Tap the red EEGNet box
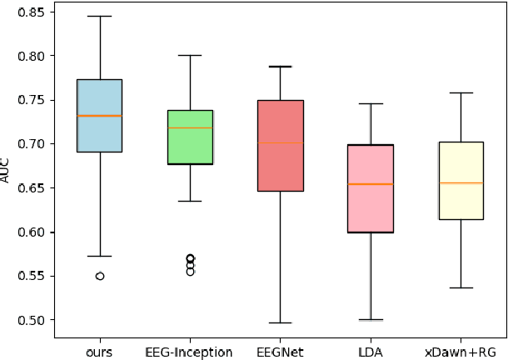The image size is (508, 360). point(280,146)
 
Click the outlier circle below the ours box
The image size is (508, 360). point(100,276)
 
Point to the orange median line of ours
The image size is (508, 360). point(100,116)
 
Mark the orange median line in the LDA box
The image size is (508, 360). point(370,183)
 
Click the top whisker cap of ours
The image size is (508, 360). point(100,16)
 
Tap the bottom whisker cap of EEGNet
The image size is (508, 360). point(280,322)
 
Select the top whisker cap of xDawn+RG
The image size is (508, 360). point(461,92)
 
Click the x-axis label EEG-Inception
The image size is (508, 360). point(190,352)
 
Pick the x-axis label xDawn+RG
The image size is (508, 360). point(461,352)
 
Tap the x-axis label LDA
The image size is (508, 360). point(370,352)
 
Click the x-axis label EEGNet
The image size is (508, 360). point(280,352)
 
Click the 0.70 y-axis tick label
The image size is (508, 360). point(36,144)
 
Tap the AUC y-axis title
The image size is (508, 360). point(7,172)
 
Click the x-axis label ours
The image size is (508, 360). point(100,352)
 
